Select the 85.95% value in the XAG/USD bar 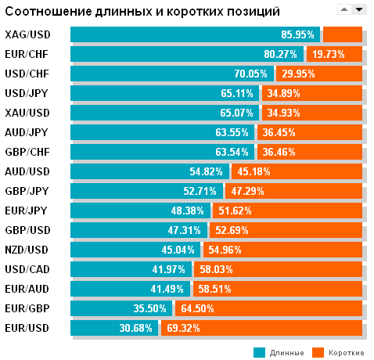coord(297,34)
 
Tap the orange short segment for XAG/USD coord(343,34)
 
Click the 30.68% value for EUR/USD coord(136,328)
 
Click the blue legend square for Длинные coord(260,352)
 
